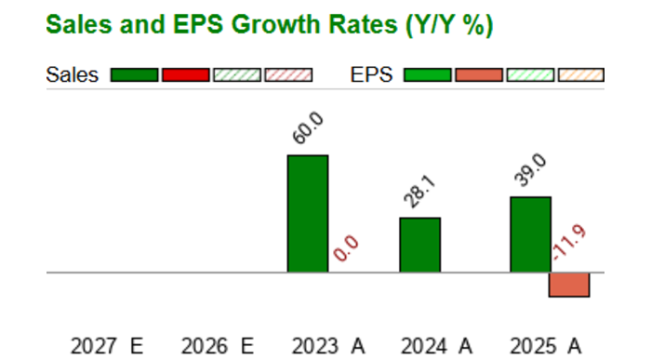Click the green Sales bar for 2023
308,214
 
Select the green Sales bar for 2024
420,245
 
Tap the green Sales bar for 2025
531,234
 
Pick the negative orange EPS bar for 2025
569,285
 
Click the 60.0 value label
308,128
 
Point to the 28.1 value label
420,192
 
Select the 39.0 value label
530,170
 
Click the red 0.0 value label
346,248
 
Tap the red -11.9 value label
570,243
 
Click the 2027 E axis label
107,346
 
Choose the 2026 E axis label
218,346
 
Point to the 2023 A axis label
328,346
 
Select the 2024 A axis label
436,346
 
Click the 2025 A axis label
546,346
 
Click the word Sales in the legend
73,75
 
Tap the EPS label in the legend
372,75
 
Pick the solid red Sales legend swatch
186,75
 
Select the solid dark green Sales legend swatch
135,75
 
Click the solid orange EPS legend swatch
479,75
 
